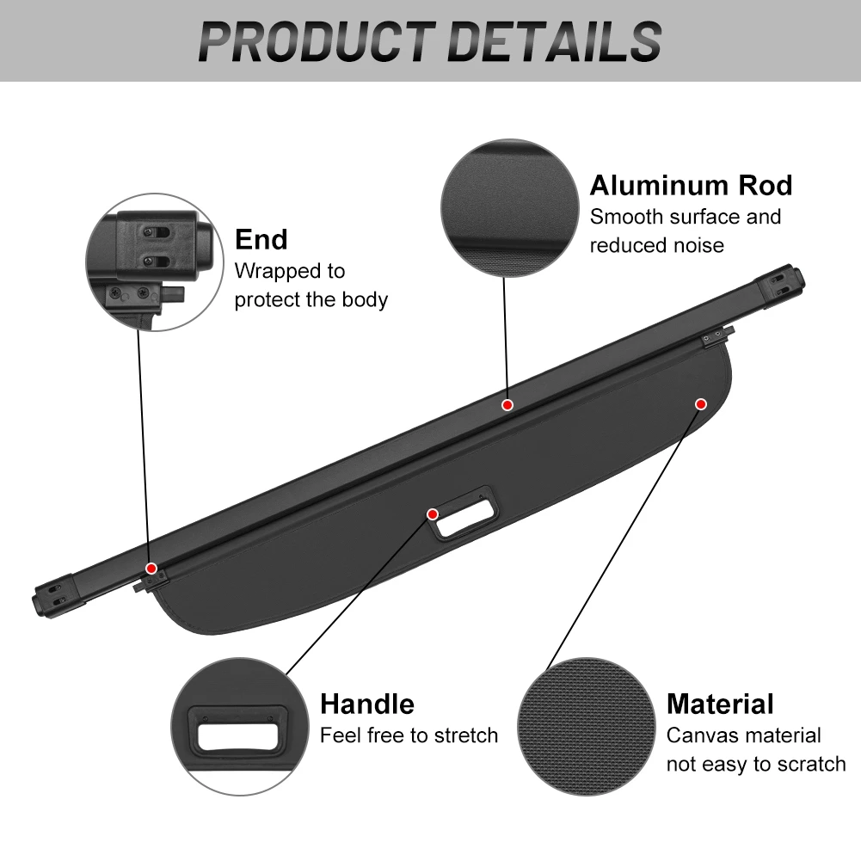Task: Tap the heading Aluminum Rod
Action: [x=691, y=185]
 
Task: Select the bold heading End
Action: [x=261, y=239]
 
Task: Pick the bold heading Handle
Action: [x=367, y=704]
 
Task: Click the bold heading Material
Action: [x=720, y=704]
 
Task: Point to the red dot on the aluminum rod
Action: [x=507, y=404]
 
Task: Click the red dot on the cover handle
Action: [x=433, y=514]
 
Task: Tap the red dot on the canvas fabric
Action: [x=701, y=403]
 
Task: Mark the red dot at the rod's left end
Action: [x=151, y=568]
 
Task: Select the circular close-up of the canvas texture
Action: [x=587, y=727]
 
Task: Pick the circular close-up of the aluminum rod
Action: [x=508, y=209]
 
